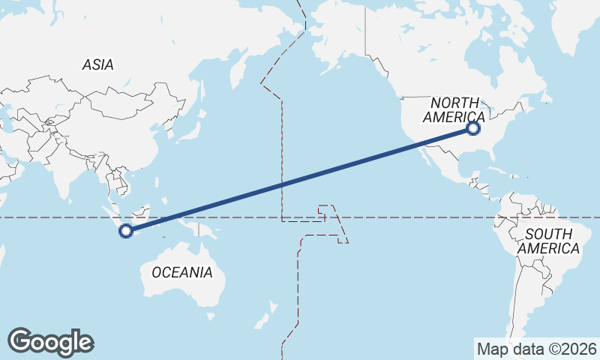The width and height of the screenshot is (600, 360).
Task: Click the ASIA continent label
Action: [x=98, y=65]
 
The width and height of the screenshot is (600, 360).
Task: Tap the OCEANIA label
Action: [x=182, y=272]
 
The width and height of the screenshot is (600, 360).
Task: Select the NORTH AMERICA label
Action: [x=454, y=109]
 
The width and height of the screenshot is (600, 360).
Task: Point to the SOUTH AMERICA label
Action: [x=549, y=241]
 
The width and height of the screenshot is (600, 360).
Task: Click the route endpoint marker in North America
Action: [x=472, y=128]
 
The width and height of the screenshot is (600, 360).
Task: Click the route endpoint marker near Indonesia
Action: [x=126, y=231]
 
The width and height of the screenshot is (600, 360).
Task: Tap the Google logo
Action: [x=50, y=342]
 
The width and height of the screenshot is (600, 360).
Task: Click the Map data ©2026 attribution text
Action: [x=536, y=349]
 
